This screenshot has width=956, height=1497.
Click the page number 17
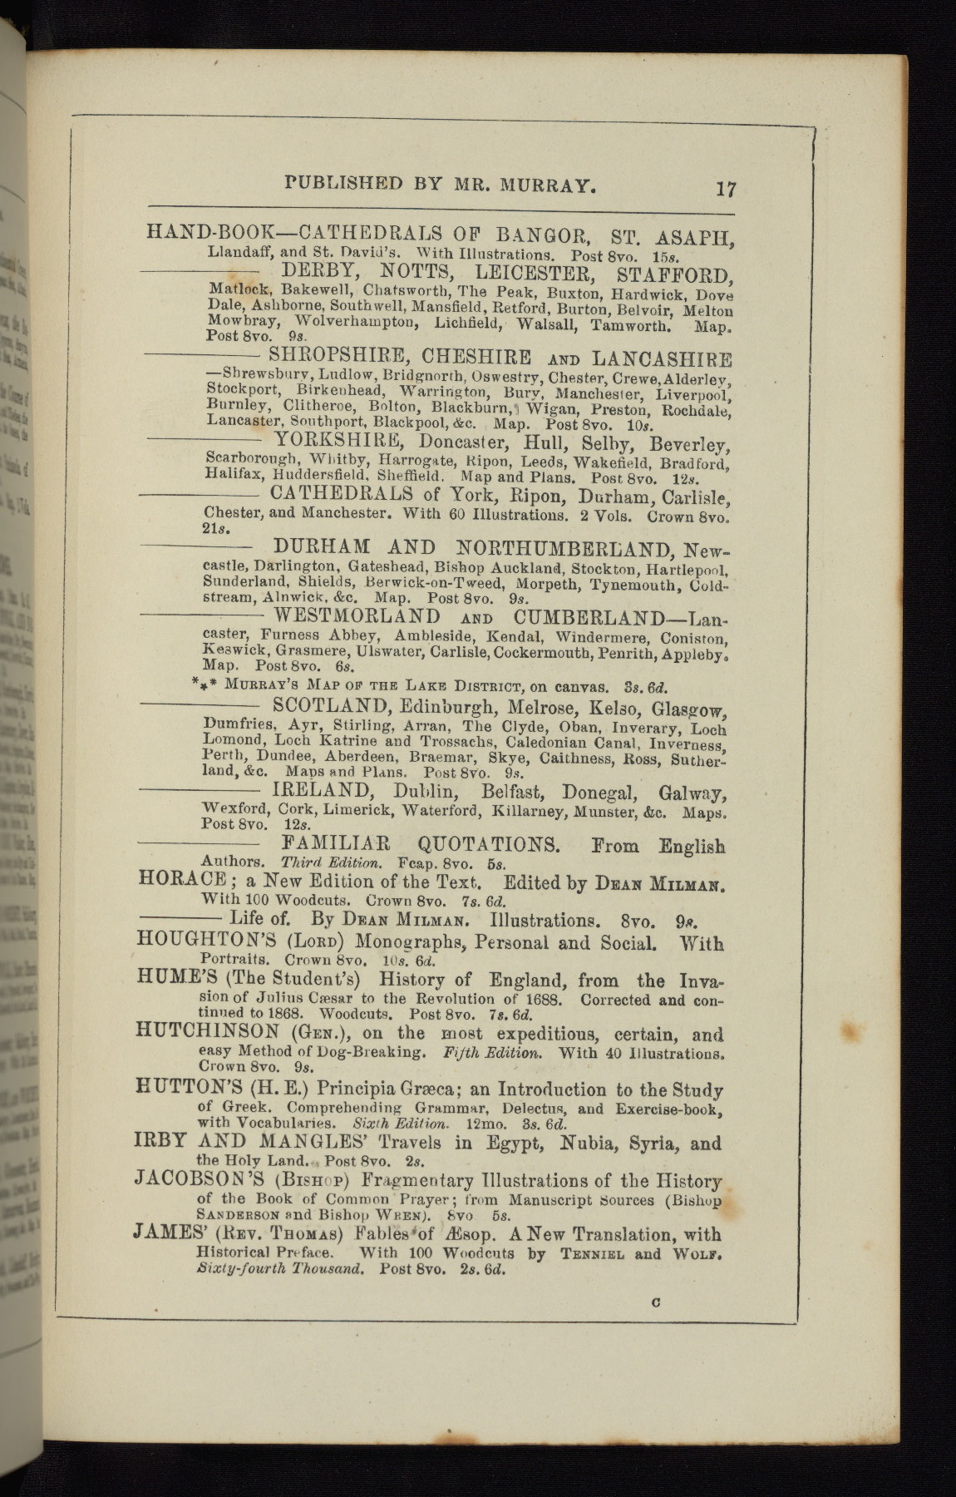click(x=726, y=189)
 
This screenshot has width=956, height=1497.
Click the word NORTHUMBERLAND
click(x=567, y=548)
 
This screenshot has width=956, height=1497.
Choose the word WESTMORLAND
click(x=357, y=617)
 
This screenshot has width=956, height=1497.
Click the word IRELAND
click(x=320, y=790)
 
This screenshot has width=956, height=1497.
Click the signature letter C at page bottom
click(x=656, y=1304)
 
